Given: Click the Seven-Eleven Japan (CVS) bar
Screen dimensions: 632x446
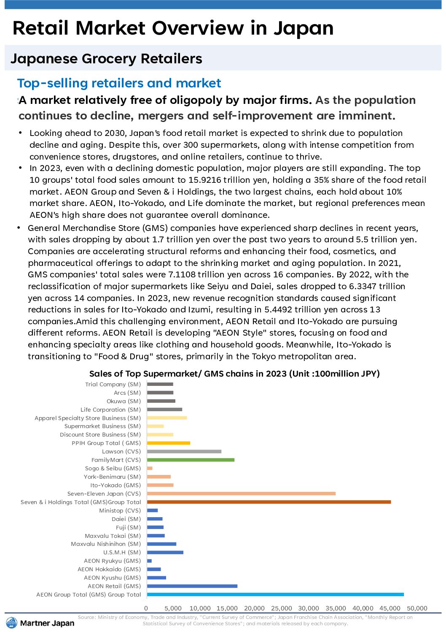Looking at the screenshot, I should click(241, 494).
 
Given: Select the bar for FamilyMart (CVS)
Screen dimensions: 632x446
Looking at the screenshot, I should click(191, 460).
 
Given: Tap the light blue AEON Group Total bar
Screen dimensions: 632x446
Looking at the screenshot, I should click(275, 594).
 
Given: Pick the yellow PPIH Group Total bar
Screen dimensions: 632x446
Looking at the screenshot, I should click(169, 443).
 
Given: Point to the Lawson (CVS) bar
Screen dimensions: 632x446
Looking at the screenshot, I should click(184, 451).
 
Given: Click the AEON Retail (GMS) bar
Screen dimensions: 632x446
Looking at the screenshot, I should click(192, 586).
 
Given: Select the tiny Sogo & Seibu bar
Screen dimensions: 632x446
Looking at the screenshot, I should click(150, 468).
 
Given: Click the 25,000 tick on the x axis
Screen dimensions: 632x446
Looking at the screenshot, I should click(282, 608).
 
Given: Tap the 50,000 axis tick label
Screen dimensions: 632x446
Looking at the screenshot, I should click(417, 608).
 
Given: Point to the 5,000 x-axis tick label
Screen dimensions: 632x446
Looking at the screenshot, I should click(173, 608).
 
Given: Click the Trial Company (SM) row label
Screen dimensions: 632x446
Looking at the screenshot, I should click(113, 384).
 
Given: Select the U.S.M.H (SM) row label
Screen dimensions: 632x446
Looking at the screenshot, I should click(122, 552).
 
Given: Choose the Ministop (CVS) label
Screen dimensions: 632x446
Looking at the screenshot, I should click(120, 510).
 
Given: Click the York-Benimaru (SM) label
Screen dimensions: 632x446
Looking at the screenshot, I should click(112, 477).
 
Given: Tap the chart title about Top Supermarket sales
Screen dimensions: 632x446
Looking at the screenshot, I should click(234, 374).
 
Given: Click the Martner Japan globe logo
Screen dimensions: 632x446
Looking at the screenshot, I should click(12, 623).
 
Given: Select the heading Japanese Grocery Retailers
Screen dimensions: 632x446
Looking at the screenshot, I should click(106, 59).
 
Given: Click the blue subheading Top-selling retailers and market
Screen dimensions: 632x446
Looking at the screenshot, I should click(119, 83).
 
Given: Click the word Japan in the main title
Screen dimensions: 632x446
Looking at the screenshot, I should click(304, 28).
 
